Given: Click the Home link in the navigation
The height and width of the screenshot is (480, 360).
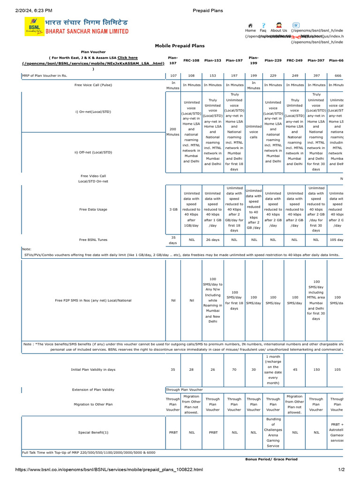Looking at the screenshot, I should pyautogui.click(x=250, y=30).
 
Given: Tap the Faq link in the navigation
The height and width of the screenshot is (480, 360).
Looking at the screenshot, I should pyautogui.click(x=263, y=30).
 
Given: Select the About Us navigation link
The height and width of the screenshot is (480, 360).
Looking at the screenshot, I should pyautogui.click(x=278, y=30).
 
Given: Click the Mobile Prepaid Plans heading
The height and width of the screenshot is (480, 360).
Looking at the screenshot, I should pyautogui.click(x=180, y=46).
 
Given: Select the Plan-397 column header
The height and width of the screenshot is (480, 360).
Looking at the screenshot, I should pyautogui.click(x=316, y=60).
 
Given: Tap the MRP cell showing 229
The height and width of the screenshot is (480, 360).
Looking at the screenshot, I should pyautogui.click(x=273, y=75).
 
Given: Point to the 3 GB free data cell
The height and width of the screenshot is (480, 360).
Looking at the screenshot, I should pyautogui.click(x=172, y=210).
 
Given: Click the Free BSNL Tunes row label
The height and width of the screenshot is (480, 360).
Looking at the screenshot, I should pyautogui.click(x=93, y=240).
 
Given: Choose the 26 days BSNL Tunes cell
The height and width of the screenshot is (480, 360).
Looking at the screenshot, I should pyautogui.click(x=212, y=240).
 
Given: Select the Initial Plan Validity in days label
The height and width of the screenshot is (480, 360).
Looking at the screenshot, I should pyautogui.click(x=93, y=369).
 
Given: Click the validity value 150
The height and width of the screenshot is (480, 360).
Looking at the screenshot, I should pyautogui.click(x=316, y=369).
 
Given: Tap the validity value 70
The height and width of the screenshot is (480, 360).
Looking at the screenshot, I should pyautogui.click(x=234, y=369).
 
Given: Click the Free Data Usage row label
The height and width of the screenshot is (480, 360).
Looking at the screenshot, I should pyautogui.click(x=93, y=210).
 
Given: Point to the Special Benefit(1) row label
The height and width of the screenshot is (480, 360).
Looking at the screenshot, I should pyautogui.click(x=93, y=433).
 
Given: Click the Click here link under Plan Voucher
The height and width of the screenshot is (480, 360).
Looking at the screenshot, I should pyautogui.click(x=127, y=58).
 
